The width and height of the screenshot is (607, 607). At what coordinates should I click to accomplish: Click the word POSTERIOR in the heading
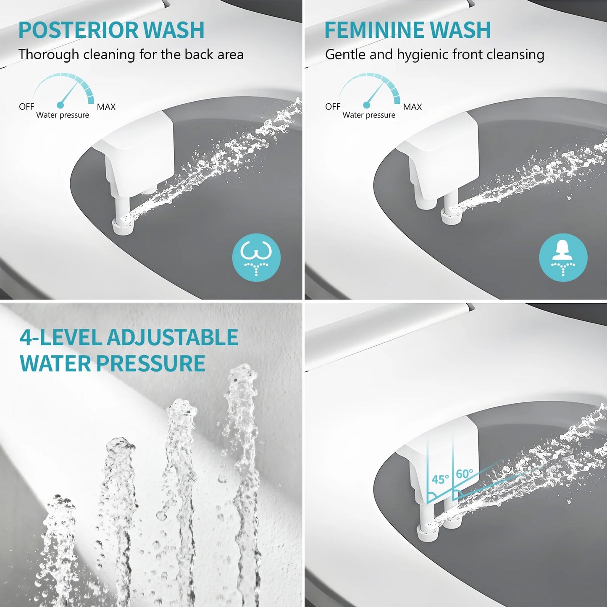[78, 30]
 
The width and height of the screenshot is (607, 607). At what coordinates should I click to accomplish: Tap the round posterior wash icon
[256, 257]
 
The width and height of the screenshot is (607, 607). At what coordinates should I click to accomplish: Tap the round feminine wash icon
[563, 257]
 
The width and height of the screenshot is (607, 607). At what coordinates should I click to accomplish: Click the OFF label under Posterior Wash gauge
[26, 107]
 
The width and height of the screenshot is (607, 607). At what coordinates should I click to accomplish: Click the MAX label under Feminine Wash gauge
[412, 107]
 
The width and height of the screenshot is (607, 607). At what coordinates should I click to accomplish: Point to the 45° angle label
[440, 479]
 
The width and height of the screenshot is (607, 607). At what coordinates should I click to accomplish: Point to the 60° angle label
[464, 474]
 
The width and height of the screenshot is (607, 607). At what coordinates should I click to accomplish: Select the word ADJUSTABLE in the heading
[172, 338]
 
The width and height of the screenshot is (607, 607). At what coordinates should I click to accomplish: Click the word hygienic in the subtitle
[423, 55]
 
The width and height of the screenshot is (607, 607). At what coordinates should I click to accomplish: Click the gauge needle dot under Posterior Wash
[60, 104]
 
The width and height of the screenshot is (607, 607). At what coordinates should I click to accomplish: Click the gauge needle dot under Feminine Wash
[367, 104]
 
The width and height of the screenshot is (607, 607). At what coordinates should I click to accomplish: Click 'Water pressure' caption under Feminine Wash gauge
[369, 115]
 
